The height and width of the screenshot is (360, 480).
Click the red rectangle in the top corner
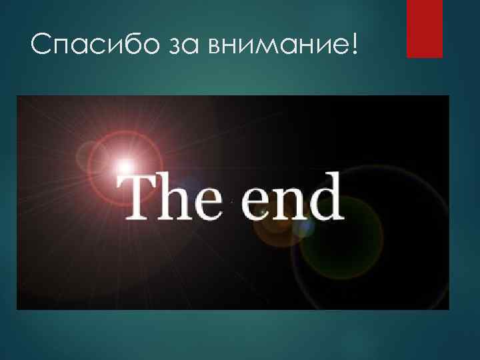(425, 28)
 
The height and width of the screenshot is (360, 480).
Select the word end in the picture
(291, 197)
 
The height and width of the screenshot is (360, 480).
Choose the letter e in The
(205, 203)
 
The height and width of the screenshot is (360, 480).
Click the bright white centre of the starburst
(124, 163)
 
